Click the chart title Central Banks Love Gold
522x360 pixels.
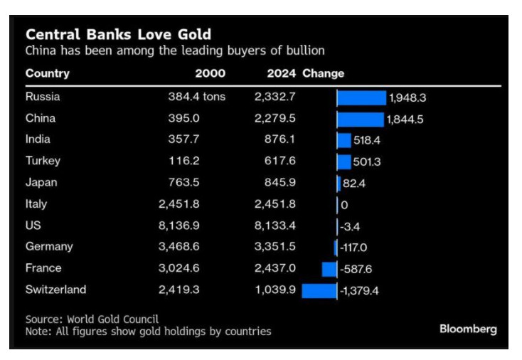pos(118,34)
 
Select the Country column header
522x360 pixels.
pos(47,73)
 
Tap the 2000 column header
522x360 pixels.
pos(210,73)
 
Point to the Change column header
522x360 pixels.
pos(323,73)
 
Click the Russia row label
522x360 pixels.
pos(43,97)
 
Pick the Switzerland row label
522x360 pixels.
pos(55,290)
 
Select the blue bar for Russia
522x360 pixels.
pos(361,97)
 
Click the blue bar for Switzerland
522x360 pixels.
pos(319,290)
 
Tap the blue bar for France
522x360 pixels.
pos(329,269)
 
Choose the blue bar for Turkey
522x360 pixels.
pos(344,162)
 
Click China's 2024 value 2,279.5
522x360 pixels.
pos(275,118)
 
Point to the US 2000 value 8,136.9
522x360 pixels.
pos(180,226)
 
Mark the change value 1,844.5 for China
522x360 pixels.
pos(405,120)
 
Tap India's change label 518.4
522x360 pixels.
pos(367,141)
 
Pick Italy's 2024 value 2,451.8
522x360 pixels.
pos(275,204)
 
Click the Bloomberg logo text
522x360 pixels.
pos(468,329)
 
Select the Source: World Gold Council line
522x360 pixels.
pos(92,319)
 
